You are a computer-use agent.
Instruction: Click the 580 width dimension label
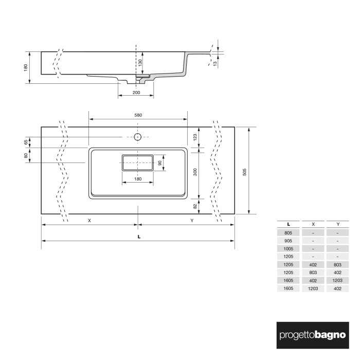tap(138, 115)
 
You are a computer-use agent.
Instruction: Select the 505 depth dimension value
tap(245, 170)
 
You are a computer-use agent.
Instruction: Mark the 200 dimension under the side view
tap(136, 93)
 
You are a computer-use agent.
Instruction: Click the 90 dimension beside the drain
tap(160, 163)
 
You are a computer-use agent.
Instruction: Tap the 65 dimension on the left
tap(25, 142)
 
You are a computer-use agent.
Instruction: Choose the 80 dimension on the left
tap(25, 155)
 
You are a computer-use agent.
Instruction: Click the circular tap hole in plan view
tap(138, 137)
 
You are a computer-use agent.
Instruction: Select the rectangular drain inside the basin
tap(137, 163)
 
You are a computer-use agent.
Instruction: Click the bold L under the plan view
tap(139, 237)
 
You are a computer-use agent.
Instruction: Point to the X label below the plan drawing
tap(89, 221)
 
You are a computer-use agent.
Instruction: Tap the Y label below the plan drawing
tap(191, 221)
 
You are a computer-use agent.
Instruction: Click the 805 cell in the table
tap(289, 233)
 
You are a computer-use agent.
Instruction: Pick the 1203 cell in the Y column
tap(337, 280)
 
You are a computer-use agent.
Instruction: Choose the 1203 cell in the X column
tap(313, 289)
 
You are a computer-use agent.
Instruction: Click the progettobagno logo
tap(312, 334)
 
